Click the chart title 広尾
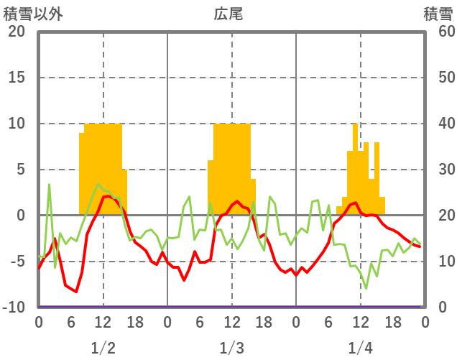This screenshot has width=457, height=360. pyautogui.click(x=228, y=14)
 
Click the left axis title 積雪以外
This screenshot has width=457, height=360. pyautogui.click(x=32, y=14)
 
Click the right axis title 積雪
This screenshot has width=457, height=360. pyautogui.click(x=438, y=14)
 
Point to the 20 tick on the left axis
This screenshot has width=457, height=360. pyautogui.click(x=17, y=32)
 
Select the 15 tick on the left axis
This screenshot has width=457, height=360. pyautogui.click(x=17, y=78)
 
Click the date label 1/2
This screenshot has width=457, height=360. pyautogui.click(x=103, y=348)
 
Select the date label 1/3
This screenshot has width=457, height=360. pyautogui.click(x=231, y=348)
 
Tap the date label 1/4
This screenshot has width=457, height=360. pyautogui.click(x=360, y=348)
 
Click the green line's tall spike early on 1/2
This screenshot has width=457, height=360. pyautogui.click(x=50, y=185)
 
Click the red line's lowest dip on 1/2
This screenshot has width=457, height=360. pyautogui.click(x=76, y=292)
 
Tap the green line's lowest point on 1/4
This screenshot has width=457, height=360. pyautogui.click(x=366, y=289)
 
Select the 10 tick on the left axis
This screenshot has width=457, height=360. pyautogui.click(x=17, y=124)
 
